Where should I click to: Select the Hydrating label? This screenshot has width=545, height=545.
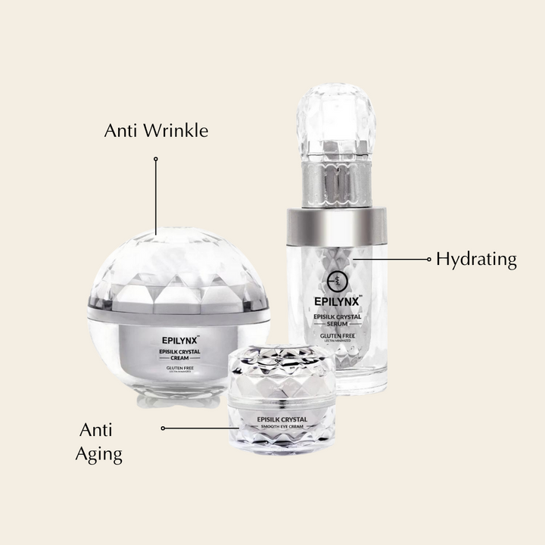coord(476,260)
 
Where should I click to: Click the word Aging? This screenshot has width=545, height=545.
coord(98,454)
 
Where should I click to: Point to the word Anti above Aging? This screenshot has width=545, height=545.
coord(96,430)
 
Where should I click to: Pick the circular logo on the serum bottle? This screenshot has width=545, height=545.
coord(338,280)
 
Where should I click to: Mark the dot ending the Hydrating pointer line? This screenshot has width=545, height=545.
coord(428,259)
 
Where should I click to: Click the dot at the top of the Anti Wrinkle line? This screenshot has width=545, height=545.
coord(155,159)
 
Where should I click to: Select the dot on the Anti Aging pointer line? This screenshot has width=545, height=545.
coord(163,428)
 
